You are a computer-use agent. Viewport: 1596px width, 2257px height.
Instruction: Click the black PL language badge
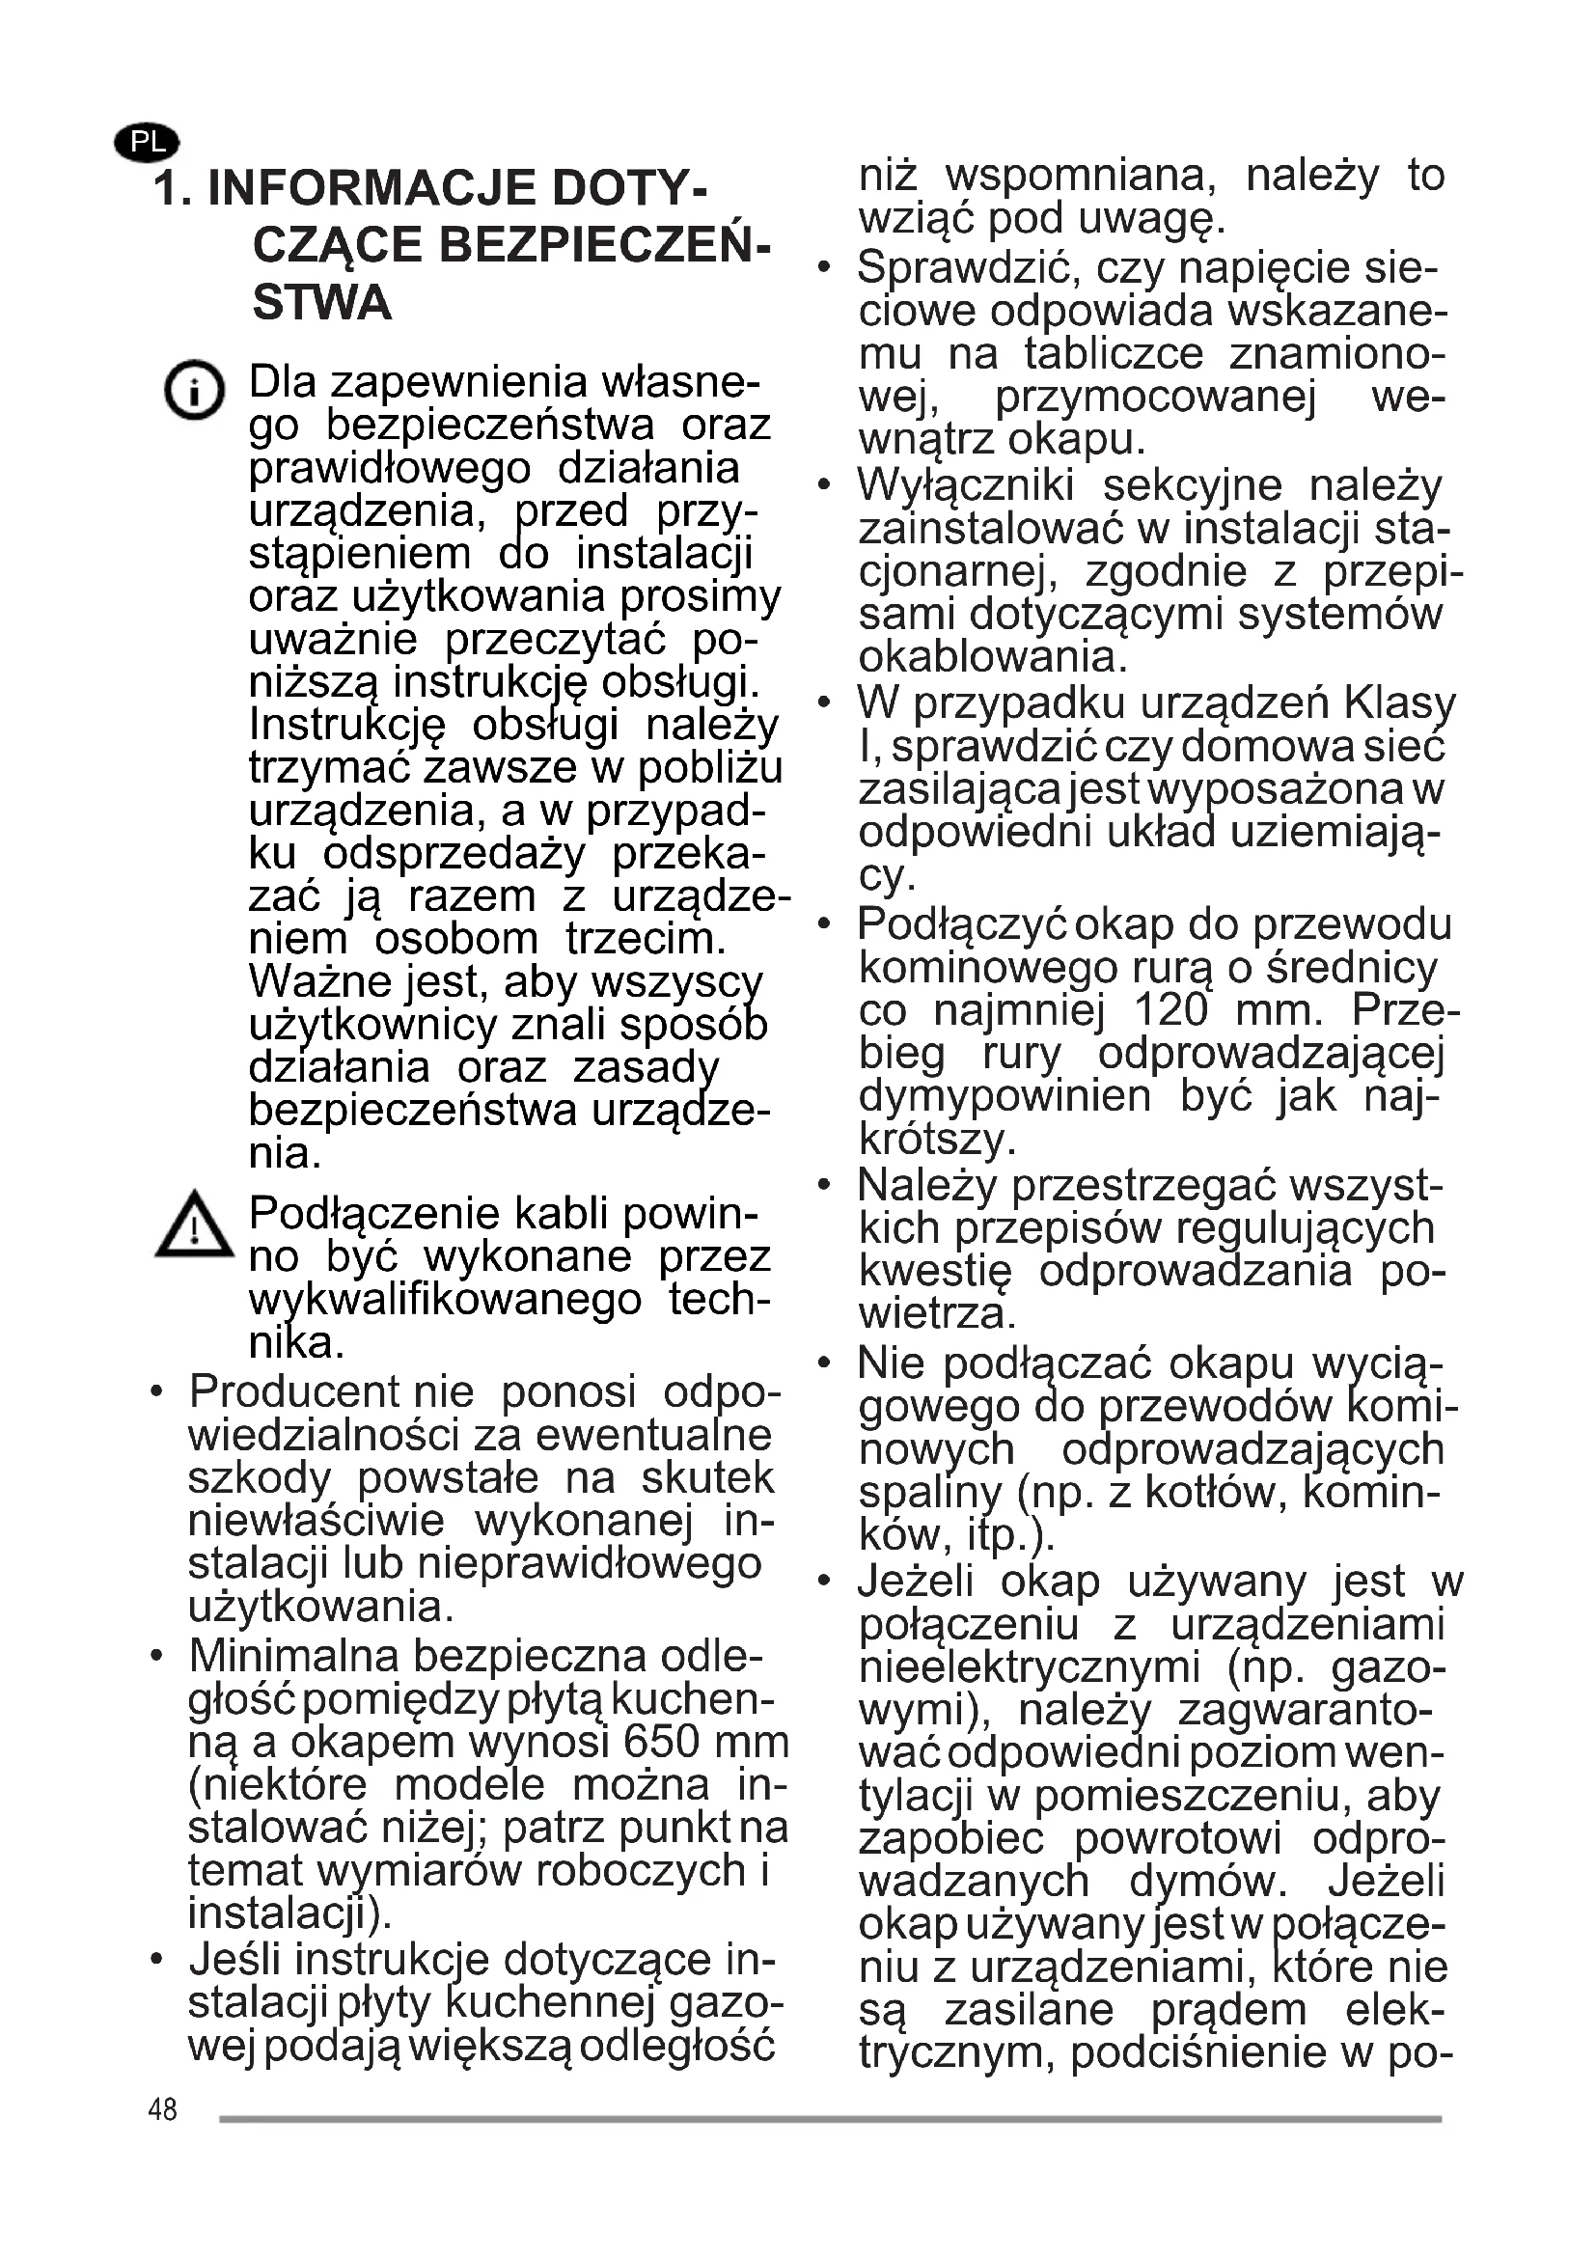point(148,143)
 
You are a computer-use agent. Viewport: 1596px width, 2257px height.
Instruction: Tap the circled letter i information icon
point(195,391)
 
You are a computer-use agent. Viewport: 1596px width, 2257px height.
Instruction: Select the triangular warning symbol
point(195,1225)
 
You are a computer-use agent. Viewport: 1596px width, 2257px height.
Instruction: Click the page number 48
point(162,2108)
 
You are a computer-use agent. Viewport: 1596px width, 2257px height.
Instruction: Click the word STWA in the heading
point(321,303)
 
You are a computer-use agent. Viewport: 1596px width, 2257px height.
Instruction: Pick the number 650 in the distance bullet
point(660,1742)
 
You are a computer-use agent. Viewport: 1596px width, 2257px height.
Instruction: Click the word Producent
point(294,1392)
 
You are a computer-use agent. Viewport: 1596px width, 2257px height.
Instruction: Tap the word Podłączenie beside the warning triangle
point(379,1214)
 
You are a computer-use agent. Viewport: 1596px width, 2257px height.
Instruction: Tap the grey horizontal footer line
point(830,2118)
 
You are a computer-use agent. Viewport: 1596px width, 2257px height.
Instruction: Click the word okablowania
point(992,658)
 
